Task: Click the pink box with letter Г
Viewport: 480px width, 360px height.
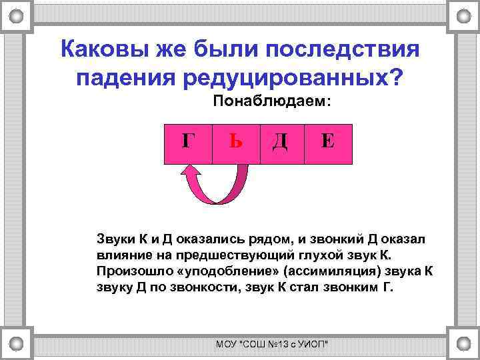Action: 188,143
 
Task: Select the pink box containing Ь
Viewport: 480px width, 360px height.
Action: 235,143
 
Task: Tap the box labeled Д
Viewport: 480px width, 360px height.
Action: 281,143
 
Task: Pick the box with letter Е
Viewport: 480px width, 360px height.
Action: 327,143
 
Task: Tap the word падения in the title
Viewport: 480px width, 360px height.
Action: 116,79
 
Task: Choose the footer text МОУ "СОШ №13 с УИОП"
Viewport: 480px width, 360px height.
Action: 273,344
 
